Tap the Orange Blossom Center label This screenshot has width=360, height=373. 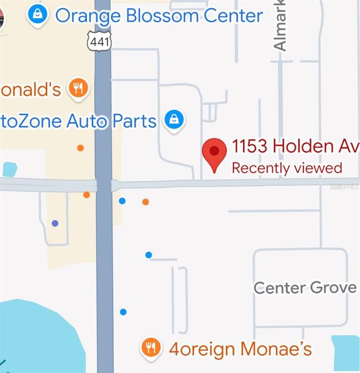pos(159,16)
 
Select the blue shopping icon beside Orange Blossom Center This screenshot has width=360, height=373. pos(37,16)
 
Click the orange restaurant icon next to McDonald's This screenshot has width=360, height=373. pos(79,88)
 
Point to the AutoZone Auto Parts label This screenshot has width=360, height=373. pos(78,121)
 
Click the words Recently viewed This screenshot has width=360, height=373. pos(287,168)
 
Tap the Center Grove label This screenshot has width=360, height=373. pos(305,288)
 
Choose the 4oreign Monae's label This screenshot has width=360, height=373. pos(240,348)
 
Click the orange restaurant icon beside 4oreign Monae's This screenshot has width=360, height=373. pos(151,348)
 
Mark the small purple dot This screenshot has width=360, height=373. pos(55,223)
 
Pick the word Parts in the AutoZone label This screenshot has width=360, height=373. pos(134,121)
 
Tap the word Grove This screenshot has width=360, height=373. pos(334,288)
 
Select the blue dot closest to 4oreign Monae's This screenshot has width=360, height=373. pos(123,312)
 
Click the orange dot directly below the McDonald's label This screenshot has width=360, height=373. pos(80,148)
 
